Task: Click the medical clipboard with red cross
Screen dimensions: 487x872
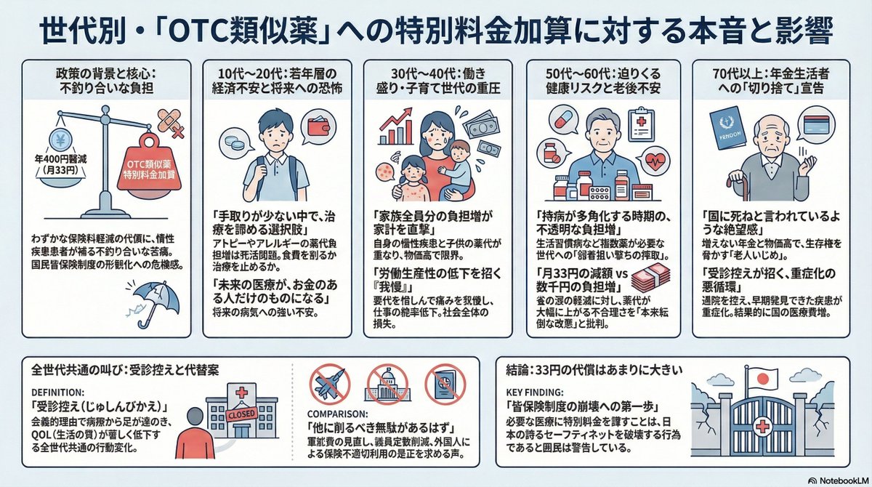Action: point(640,119)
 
